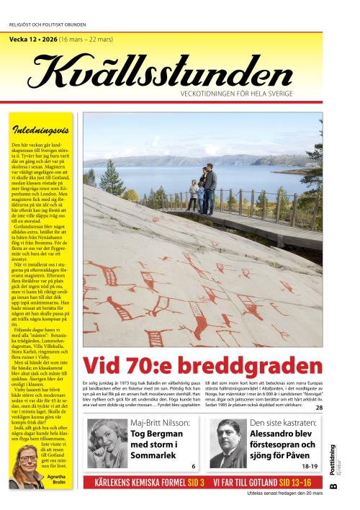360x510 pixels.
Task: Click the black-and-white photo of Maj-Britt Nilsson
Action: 107,442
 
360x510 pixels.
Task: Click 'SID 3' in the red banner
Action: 195,482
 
